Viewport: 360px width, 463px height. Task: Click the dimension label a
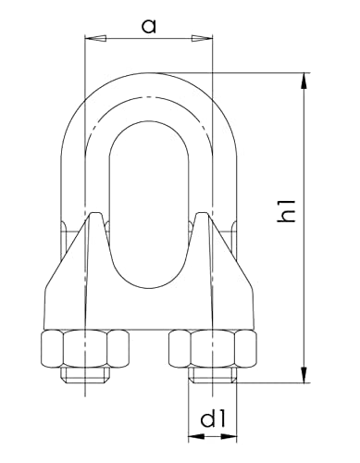coord(149,26)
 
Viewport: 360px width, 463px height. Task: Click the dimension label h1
coord(287,211)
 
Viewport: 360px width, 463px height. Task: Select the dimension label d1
coord(213,419)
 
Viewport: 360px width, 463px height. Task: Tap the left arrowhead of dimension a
coord(95,39)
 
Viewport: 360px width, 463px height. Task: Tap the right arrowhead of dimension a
coord(203,39)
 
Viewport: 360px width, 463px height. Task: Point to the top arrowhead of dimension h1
coord(304,81)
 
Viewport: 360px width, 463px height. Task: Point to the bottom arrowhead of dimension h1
coord(304,375)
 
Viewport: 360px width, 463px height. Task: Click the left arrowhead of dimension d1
coord(196,436)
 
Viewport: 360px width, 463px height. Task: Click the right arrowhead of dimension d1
coord(230,436)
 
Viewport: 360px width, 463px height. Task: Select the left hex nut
coord(85,348)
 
